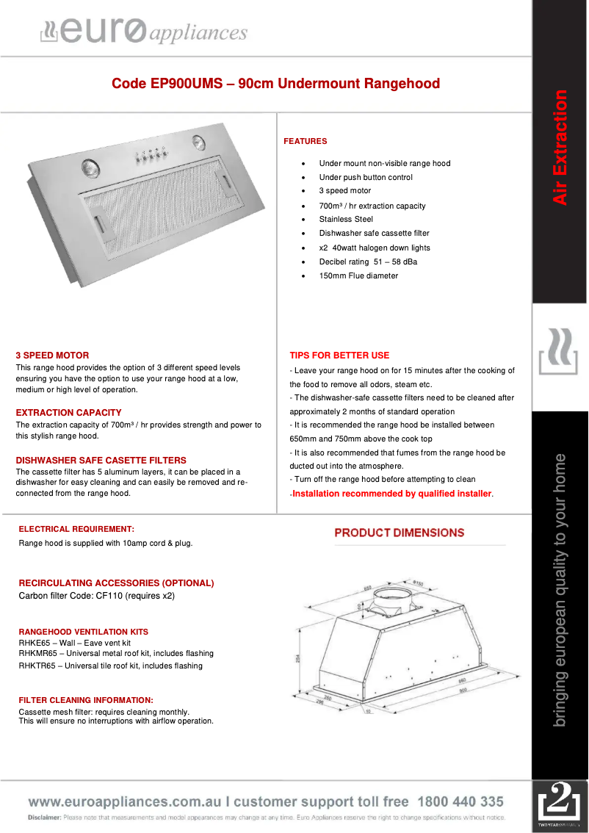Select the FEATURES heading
(x=305, y=141)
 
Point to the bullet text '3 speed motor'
(x=344, y=191)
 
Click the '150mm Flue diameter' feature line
(x=358, y=276)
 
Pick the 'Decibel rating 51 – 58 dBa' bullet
(x=368, y=262)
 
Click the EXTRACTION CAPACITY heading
(x=68, y=413)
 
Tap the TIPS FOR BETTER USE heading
(x=339, y=356)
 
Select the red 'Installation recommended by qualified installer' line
(x=392, y=494)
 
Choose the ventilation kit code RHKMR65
(x=37, y=654)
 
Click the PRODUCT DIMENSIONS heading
(x=399, y=533)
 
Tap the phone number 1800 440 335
(x=460, y=801)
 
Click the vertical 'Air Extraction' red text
(x=560, y=147)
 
